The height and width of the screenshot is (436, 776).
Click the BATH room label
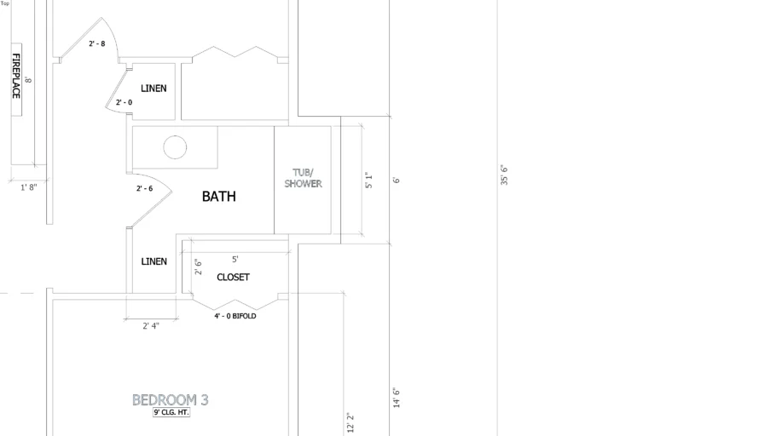(x=219, y=196)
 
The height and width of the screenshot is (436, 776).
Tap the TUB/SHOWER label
(x=303, y=178)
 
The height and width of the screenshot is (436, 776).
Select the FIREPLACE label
(x=16, y=76)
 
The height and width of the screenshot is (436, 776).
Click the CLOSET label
(x=233, y=278)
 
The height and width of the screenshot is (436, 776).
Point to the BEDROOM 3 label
(x=171, y=400)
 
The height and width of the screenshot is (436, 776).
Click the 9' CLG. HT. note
(x=171, y=412)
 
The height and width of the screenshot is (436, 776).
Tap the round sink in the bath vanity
(x=175, y=147)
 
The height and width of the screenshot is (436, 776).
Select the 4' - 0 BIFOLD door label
(x=235, y=316)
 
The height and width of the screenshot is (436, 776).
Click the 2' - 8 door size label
(x=97, y=43)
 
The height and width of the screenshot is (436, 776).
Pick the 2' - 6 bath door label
(x=144, y=188)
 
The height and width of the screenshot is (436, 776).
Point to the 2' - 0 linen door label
(x=124, y=102)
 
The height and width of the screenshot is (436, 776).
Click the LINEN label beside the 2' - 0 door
(x=153, y=89)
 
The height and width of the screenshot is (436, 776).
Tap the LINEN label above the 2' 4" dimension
(x=153, y=261)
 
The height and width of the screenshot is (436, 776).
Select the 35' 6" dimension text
(x=504, y=175)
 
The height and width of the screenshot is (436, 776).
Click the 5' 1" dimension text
(x=368, y=180)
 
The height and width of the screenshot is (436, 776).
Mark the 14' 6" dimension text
(x=397, y=398)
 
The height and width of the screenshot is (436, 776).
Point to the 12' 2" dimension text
(x=350, y=423)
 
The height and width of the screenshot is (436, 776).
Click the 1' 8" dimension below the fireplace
(x=29, y=187)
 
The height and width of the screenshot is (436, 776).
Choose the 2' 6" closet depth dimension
(x=198, y=267)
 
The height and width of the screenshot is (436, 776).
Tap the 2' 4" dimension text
(x=151, y=326)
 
